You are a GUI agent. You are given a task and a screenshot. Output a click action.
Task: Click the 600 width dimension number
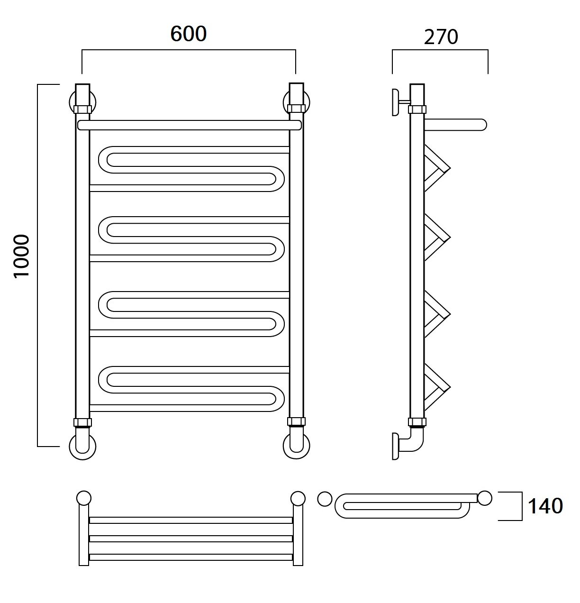click(x=188, y=34)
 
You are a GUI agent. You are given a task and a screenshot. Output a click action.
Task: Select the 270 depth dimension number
click(x=441, y=37)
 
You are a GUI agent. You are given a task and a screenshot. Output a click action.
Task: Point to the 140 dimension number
click(x=545, y=506)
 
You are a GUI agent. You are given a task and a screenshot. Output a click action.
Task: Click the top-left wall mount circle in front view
click(x=83, y=101)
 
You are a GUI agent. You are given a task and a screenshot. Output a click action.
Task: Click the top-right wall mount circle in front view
click(x=296, y=101)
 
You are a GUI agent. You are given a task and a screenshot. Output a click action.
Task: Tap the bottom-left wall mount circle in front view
click(x=83, y=446)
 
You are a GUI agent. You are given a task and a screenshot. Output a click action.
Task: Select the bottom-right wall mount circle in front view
click(x=296, y=446)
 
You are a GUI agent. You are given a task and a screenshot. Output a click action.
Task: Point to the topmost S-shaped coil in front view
click(x=190, y=168)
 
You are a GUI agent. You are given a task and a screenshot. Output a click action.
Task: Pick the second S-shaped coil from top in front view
click(x=190, y=239)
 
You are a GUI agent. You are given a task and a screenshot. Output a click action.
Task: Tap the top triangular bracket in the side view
click(x=436, y=168)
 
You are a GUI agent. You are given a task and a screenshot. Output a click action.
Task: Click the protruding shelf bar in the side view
click(x=455, y=125)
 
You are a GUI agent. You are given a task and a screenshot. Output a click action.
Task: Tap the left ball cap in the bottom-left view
click(x=83, y=499)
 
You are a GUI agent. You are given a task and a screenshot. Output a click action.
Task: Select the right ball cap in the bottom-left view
click(x=298, y=499)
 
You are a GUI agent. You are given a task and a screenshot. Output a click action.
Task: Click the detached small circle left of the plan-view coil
click(x=325, y=499)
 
